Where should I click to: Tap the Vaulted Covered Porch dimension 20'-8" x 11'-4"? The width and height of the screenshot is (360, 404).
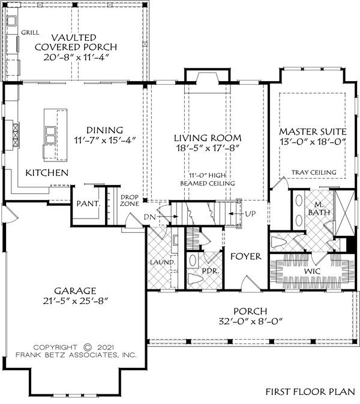(76, 58)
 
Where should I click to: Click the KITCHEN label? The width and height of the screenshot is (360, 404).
(46, 173)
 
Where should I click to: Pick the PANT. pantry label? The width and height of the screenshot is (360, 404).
(87, 204)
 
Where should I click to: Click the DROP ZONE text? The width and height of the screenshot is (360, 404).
(130, 200)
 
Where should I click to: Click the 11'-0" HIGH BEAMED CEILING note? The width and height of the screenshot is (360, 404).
(207, 178)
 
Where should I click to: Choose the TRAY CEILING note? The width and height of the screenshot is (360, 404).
(314, 173)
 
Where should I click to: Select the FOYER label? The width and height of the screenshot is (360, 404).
(246, 256)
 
